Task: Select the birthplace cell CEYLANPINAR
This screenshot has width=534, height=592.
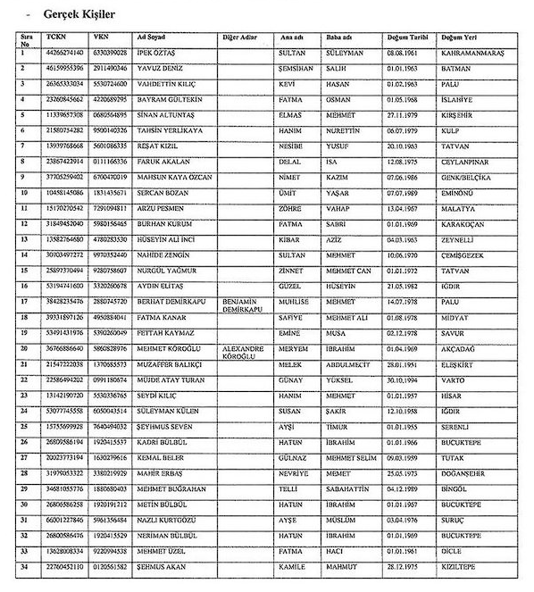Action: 468,161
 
